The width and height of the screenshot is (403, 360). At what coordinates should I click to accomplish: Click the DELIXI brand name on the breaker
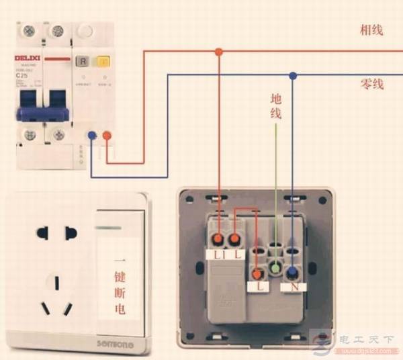[x=29, y=59]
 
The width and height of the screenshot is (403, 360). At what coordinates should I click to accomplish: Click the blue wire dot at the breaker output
[x=92, y=136]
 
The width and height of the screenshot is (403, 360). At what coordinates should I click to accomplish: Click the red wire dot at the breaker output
[x=106, y=136]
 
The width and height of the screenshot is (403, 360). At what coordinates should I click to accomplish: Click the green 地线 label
[x=275, y=106]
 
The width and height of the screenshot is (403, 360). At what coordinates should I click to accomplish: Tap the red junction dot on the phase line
[x=218, y=51]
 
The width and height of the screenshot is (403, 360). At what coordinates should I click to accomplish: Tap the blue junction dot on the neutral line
[x=293, y=76]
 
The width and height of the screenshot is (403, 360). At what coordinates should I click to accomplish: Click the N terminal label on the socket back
[x=293, y=287]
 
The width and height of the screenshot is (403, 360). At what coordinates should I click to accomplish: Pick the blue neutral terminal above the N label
[x=293, y=273]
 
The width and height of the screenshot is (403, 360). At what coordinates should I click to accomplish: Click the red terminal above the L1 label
[x=219, y=239]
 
